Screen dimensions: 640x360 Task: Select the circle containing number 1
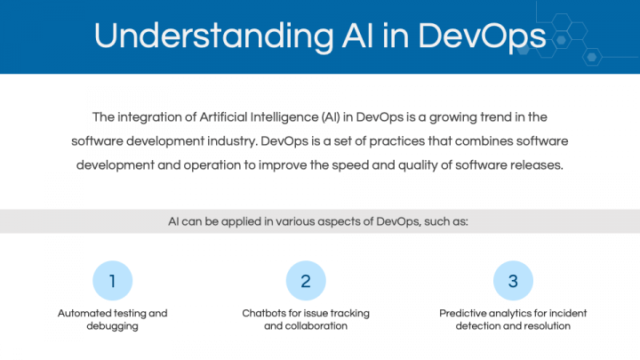113,281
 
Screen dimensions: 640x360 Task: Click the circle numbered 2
306,281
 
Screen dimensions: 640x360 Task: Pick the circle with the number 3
513,281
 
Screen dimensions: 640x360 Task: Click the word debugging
112,326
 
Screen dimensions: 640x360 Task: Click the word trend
495,117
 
